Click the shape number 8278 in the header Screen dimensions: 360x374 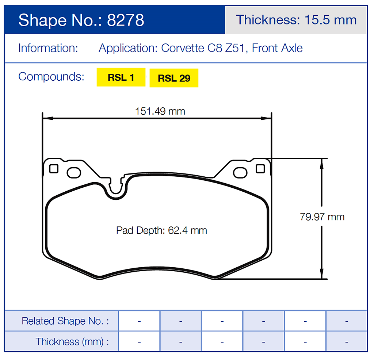[x=125, y=20]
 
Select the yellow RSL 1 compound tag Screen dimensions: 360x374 [x=121, y=77]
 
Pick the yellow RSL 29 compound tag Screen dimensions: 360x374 [x=174, y=78]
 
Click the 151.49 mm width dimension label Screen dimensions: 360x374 [x=160, y=111]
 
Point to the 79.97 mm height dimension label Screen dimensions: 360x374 [x=322, y=217]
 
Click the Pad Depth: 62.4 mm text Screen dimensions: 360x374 [x=161, y=230]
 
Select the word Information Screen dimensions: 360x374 [x=48, y=48]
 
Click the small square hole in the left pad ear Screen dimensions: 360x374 [x=54, y=169]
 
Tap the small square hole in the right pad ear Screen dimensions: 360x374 [x=260, y=168]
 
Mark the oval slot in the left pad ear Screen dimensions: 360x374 [x=74, y=172]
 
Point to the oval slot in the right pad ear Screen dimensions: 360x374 [x=240, y=173]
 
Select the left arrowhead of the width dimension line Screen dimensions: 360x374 [x=47, y=118]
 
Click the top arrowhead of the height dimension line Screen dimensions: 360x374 [x=321, y=162]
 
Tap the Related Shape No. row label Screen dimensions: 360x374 [x=65, y=321]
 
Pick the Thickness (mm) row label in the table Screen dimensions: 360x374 [x=72, y=342]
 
